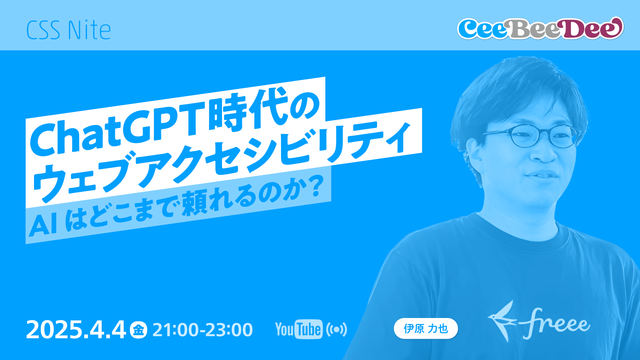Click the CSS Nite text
pos(68,30)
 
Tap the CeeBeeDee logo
pos(540,28)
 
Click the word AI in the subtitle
pos(43,225)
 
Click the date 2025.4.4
pos(76,330)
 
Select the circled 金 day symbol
pos(138,330)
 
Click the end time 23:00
pos(230,330)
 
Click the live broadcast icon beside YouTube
pos(337,330)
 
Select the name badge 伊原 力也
pos(426,329)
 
